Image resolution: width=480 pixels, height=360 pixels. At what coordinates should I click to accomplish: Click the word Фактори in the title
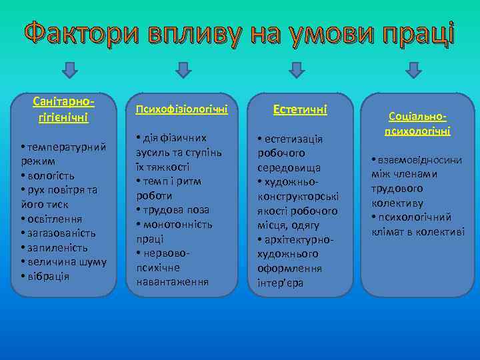(73, 33)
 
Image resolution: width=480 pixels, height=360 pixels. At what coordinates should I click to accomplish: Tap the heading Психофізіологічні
(182, 109)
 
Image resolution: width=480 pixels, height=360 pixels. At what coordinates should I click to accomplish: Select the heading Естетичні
(298, 109)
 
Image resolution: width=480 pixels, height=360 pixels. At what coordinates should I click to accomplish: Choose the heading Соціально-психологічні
(417, 123)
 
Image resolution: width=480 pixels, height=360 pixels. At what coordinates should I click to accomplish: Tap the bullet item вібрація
(47, 276)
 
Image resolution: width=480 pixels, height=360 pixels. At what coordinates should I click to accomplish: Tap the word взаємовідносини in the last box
(420, 160)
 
